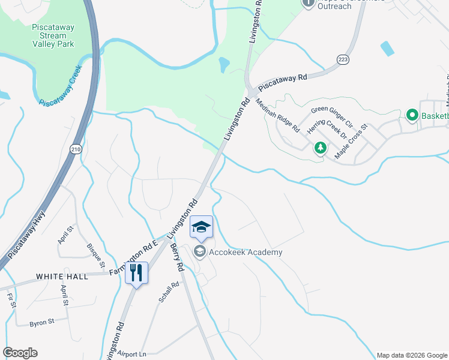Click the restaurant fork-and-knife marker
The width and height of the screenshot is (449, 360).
137,274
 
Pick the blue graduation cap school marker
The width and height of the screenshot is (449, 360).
202,227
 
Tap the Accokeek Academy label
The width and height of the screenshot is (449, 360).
245,253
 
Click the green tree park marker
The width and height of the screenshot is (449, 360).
321,148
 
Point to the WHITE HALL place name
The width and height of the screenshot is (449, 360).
62,277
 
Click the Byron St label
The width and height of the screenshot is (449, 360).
42,322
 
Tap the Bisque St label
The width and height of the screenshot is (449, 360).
95,256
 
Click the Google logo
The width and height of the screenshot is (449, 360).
20,353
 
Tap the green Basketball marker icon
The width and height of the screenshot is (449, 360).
412,114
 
